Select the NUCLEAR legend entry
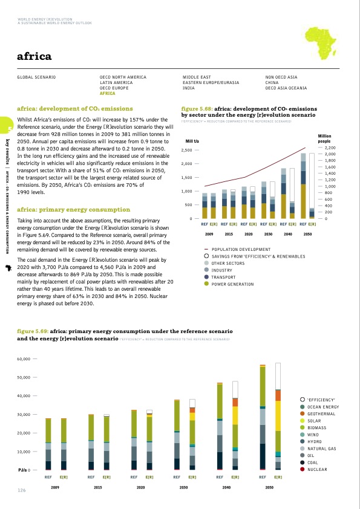pos(319,469)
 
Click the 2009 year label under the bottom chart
pos(55,487)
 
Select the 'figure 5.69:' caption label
pos(33,332)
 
